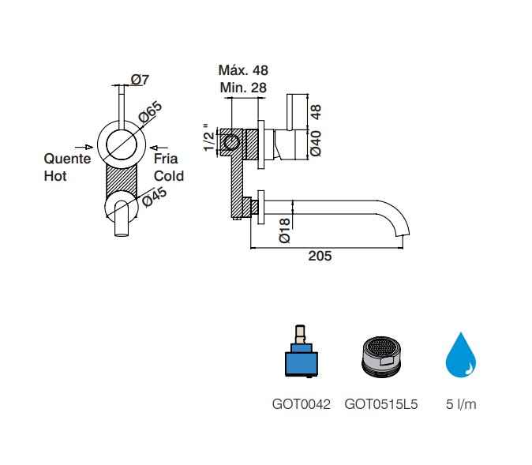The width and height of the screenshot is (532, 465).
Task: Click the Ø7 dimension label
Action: tap(140, 80)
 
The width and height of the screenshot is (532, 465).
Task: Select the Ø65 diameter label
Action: tap(151, 111)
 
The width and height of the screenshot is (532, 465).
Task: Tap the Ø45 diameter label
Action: tap(155, 197)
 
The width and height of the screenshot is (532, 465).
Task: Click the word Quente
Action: tap(67, 159)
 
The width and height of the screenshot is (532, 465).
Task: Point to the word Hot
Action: tap(55, 176)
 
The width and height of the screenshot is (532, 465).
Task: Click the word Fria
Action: tap(166, 159)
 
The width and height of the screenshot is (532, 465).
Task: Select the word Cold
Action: tap(169, 176)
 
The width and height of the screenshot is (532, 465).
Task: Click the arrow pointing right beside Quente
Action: tap(84, 147)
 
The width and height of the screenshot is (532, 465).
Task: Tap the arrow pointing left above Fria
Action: tap(159, 148)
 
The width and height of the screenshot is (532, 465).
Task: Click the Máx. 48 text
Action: tap(243, 70)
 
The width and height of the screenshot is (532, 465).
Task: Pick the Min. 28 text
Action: tap(243, 88)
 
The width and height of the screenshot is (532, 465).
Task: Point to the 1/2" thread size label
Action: tap(209, 138)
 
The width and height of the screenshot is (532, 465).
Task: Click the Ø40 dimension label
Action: tap(316, 143)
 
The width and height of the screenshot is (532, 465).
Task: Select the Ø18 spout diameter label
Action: tap(284, 231)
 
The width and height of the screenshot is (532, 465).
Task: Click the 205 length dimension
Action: tap(320, 256)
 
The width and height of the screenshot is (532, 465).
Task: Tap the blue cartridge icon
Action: tap(302, 351)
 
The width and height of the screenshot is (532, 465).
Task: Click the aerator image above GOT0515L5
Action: tap(381, 356)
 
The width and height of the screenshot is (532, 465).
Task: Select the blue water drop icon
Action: tap(461, 355)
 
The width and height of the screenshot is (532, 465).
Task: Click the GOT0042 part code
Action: tap(302, 404)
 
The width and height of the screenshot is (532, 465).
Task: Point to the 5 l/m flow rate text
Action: tap(461, 404)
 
